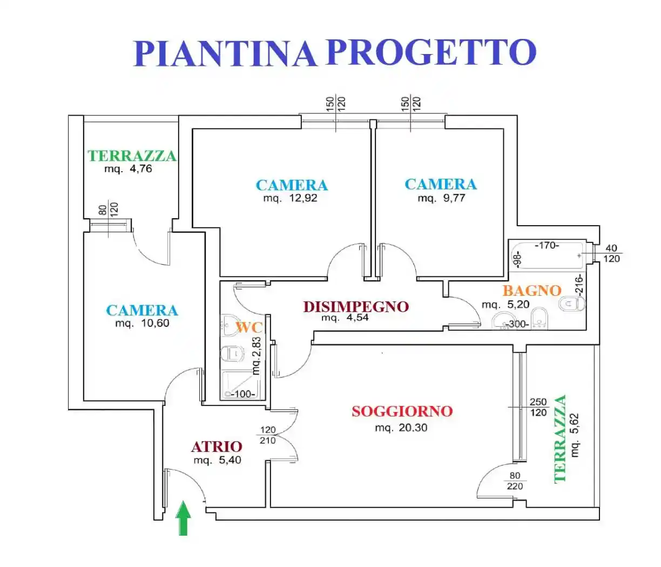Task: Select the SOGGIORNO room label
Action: pos(402,411)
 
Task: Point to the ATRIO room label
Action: pos(217,447)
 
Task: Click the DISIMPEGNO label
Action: pos(355,307)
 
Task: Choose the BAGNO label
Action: pos(531,291)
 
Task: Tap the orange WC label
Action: pos(248,327)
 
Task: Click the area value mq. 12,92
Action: pos(290,198)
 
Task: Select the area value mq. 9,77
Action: pos(441,198)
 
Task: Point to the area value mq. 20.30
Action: pos(401,428)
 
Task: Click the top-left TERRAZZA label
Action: pos(132,156)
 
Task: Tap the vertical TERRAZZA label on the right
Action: pos(561,438)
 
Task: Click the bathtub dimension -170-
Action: pos(547,246)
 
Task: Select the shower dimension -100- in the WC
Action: pos(244,394)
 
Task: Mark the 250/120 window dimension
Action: pos(538,407)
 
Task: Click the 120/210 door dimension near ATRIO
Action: pos(268,435)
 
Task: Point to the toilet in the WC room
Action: pos(232,354)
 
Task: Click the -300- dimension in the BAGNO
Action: pos(517,325)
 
